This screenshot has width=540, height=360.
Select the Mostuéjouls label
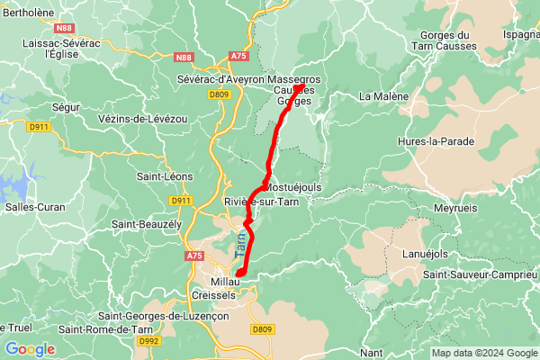coord(292,187)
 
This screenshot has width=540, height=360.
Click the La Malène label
coord(383,96)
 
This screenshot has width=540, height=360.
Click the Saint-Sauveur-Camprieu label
coord(481,274)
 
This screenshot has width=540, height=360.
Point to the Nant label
coord(371,351)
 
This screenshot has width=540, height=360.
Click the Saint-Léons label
coord(162,177)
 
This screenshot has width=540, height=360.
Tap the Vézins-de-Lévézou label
coord(142,119)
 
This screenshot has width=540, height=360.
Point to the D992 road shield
coord(149,341)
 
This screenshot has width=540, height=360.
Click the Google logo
coord(30,349)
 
